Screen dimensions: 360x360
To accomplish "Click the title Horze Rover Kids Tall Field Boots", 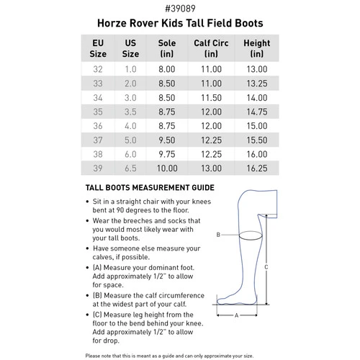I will tap(179, 24).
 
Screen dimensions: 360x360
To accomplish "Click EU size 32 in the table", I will tap(98, 69).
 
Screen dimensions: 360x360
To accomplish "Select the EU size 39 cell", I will tap(98, 168).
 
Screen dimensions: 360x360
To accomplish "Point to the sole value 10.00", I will tap(167, 168).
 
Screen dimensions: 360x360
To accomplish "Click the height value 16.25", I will tap(256, 168).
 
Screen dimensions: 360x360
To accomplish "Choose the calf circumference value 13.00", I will tap(212, 168).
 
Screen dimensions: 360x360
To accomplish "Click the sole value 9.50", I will tap(167, 140).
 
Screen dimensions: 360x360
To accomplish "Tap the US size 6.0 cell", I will tap(131, 153).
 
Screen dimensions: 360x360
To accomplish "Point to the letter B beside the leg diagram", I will tap(218, 235).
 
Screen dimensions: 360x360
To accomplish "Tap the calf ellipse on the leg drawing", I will tap(248, 235).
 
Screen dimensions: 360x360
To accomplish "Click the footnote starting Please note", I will tap(179, 354).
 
